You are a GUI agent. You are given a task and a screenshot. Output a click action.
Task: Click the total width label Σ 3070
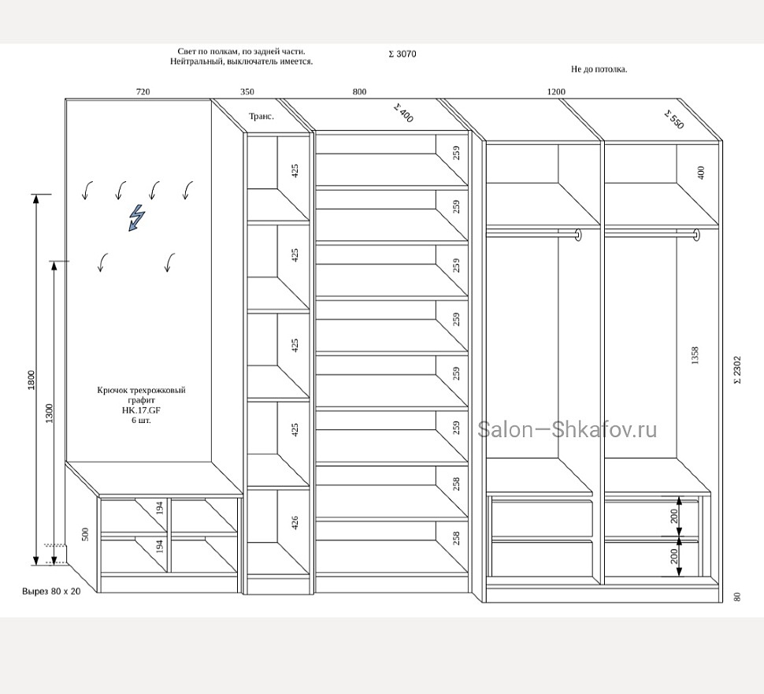402,54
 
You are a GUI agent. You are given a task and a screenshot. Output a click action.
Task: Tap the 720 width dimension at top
143,91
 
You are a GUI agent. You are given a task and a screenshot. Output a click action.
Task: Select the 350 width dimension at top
247,91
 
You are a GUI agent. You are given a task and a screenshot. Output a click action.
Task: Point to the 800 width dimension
359,91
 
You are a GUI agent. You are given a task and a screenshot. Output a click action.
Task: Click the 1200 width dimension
556,91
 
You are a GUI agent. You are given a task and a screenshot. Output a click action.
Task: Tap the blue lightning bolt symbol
136,217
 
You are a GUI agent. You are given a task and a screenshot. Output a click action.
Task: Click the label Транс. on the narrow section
261,117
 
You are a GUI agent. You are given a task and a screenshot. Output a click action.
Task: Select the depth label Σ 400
403,113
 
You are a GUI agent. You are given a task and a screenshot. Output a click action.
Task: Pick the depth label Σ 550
674,120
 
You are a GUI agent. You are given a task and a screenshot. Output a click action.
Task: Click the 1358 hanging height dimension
695,355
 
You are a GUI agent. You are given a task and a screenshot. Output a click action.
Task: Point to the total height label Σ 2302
737,369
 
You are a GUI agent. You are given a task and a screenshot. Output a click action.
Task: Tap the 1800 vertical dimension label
32,380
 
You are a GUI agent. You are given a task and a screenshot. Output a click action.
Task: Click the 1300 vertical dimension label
49,414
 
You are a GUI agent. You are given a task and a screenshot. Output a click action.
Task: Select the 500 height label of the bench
85,534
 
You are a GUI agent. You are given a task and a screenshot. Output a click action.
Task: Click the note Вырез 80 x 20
52,591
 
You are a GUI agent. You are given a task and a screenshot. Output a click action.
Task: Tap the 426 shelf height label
295,522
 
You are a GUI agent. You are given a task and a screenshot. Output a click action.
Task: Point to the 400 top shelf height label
701,173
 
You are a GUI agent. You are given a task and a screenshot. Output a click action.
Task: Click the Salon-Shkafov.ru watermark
567,430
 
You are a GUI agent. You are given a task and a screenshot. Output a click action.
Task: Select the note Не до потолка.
599,69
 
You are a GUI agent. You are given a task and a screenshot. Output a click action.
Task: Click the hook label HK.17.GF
141,410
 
